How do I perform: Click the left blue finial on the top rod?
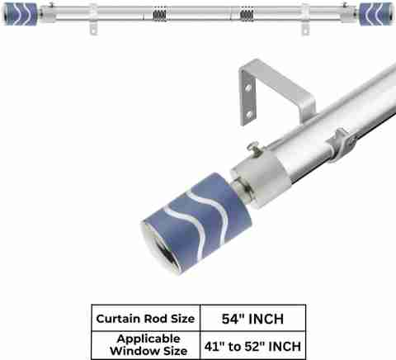pos(20,14)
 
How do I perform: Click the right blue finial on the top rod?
pos(376,14)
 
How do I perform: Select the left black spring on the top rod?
pos(159,15)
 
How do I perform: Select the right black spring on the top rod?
pos(247,15)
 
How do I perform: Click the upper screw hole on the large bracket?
pos(248,88)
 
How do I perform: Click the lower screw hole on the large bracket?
pos(249,114)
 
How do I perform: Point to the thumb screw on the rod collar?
pos(253,147)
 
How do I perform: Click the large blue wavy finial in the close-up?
pos(196,220)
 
